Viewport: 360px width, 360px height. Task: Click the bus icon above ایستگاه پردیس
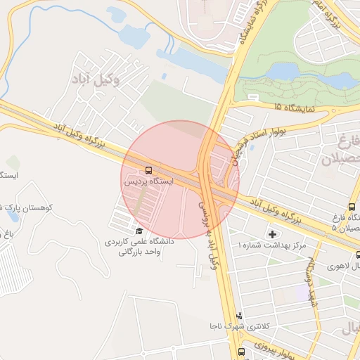(148, 170)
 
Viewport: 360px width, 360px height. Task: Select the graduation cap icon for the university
(139, 231)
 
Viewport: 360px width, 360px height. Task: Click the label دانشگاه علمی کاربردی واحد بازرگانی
(139, 246)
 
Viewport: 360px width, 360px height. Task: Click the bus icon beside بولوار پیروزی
(242, 351)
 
